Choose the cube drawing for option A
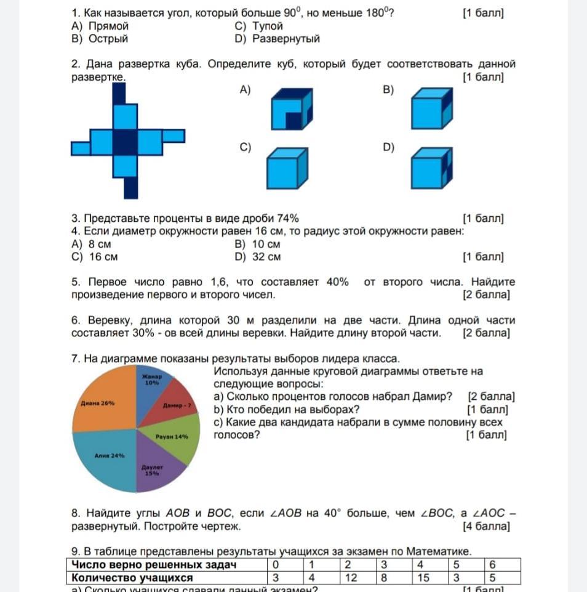pyautogui.click(x=292, y=110)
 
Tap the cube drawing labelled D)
pyautogui.click(x=430, y=169)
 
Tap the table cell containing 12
pyautogui.click(x=351, y=578)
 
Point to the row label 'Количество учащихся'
pyautogui.click(x=132, y=578)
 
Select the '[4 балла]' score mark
pyautogui.click(x=485, y=527)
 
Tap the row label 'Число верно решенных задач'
pyautogui.click(x=154, y=565)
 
